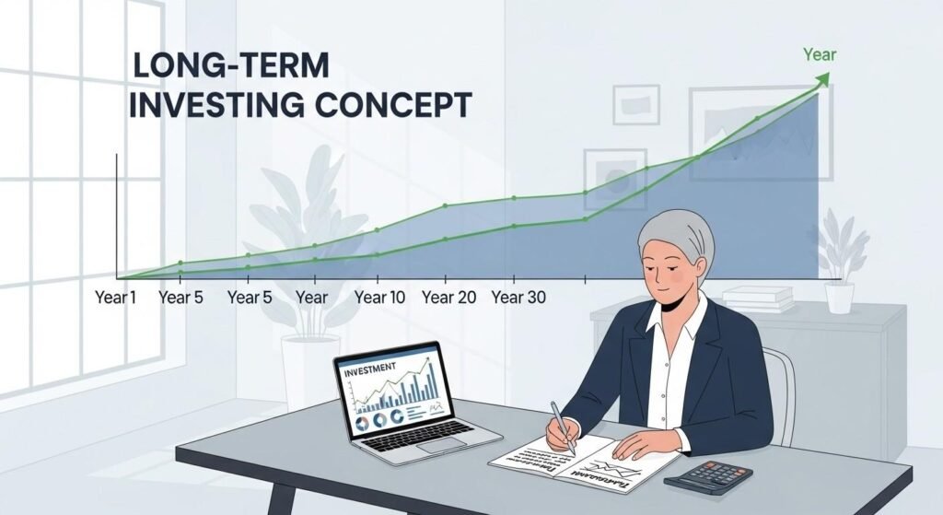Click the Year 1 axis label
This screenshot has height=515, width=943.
pyautogui.click(x=116, y=298)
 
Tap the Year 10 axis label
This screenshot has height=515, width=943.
pyautogui.click(x=379, y=298)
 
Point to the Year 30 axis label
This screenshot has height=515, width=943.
pyautogui.click(x=518, y=298)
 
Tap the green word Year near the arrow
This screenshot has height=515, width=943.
pyautogui.click(x=819, y=54)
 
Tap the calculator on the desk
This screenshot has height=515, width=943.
pyautogui.click(x=708, y=477)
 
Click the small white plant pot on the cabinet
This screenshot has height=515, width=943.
pyautogui.click(x=838, y=298)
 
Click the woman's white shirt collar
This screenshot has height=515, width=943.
pyautogui.click(x=681, y=318)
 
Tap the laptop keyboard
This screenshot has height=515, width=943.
pyautogui.click(x=423, y=433)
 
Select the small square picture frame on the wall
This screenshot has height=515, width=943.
pyautogui.click(x=636, y=104)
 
